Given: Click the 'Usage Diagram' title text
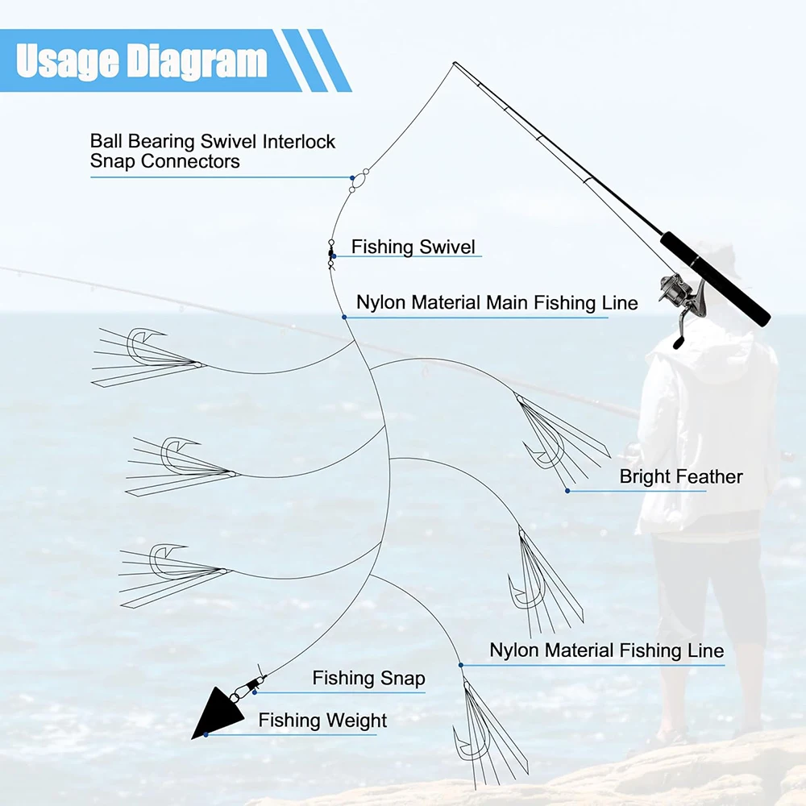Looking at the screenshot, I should pyautogui.click(x=141, y=61).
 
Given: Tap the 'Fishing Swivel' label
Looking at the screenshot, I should pyautogui.click(x=413, y=247).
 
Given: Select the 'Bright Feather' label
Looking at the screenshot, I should pyautogui.click(x=680, y=476).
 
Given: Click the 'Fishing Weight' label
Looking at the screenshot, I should pyautogui.click(x=322, y=721).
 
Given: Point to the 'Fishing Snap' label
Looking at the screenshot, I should pyautogui.click(x=368, y=679).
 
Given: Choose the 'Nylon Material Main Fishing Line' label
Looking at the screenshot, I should pyautogui.click(x=496, y=303).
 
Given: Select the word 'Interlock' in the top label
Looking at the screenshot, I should pyautogui.click(x=299, y=142).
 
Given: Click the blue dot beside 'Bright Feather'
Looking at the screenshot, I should pyautogui.click(x=567, y=490).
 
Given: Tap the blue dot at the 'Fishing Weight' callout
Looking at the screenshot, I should pyautogui.click(x=206, y=734).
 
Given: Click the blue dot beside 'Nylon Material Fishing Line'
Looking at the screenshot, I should pyautogui.click(x=461, y=665).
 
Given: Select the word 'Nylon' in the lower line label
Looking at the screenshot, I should pyautogui.click(x=514, y=650).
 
